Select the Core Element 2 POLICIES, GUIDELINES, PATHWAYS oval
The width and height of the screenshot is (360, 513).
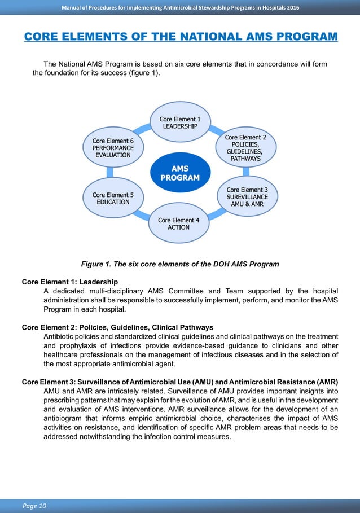tap(246, 148)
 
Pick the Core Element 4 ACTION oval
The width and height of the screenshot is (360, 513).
tap(178, 223)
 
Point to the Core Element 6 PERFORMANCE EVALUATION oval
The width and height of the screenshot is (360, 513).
tap(113, 148)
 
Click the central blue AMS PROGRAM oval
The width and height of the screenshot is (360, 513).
tap(180, 173)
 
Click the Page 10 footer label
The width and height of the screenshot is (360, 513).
tap(34, 506)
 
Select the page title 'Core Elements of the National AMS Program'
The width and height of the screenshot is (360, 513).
tap(181, 37)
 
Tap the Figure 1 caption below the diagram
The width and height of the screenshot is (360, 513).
tap(180, 264)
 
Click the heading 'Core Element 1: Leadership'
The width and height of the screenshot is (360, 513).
tap(69, 282)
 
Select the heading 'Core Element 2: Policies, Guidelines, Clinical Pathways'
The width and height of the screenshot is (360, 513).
tap(117, 327)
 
